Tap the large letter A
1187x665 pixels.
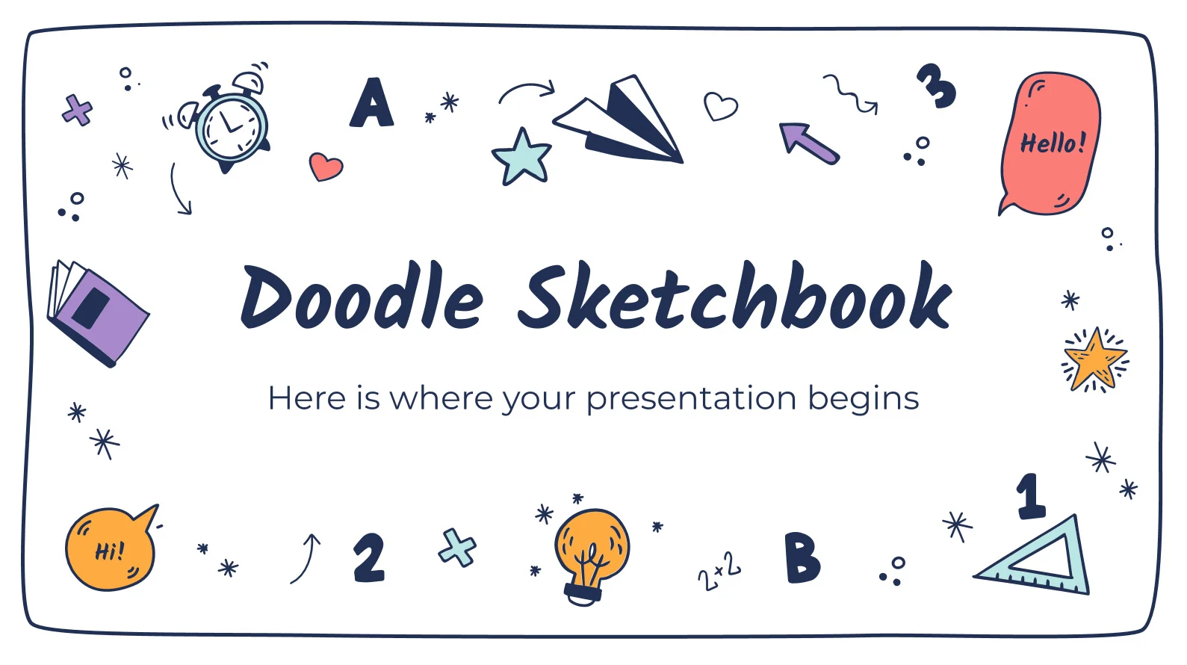371,102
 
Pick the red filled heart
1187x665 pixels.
326,167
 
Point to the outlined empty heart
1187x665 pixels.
720,106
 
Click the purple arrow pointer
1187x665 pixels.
808,143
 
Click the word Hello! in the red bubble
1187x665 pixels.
1053,143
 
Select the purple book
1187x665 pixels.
98,312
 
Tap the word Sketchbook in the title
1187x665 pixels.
734,295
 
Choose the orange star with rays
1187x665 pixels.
1095,360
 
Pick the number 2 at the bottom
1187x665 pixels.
369,558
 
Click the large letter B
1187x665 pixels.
803,557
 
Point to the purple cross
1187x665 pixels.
78,111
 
